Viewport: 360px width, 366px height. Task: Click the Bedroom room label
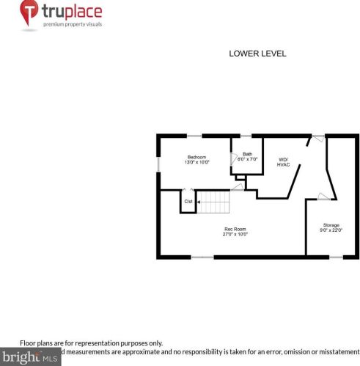[197, 156]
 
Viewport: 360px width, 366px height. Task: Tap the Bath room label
[247, 153]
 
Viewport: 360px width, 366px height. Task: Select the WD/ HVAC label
[283, 162]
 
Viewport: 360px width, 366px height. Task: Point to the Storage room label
[331, 224]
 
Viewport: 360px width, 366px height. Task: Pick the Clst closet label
[188, 202]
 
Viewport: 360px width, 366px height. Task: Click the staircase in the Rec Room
[214, 200]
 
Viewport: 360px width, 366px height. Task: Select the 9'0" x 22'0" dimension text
[331, 230]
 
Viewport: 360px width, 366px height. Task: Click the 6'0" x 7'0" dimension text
[248, 159]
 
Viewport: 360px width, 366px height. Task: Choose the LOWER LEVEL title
[257, 54]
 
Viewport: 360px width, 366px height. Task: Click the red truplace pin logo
[30, 13]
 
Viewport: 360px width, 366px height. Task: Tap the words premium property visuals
[72, 24]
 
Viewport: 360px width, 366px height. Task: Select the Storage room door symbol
[322, 196]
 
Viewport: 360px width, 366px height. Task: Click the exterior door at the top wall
[317, 137]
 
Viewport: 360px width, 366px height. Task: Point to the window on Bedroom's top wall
[194, 135]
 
